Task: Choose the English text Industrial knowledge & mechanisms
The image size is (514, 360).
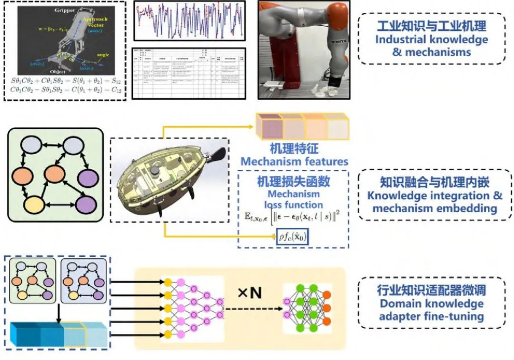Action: pos(432,46)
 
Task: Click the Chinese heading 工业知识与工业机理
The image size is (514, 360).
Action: pos(432,25)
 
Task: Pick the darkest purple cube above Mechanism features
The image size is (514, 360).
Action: pos(269,127)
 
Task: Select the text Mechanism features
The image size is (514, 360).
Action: pos(294,161)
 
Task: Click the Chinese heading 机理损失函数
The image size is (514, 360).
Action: pos(294,181)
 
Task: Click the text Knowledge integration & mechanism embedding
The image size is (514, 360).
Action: pos(435,202)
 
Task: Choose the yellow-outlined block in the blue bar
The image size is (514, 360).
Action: pos(74,334)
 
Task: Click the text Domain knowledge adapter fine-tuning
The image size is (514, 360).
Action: pos(431,310)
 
